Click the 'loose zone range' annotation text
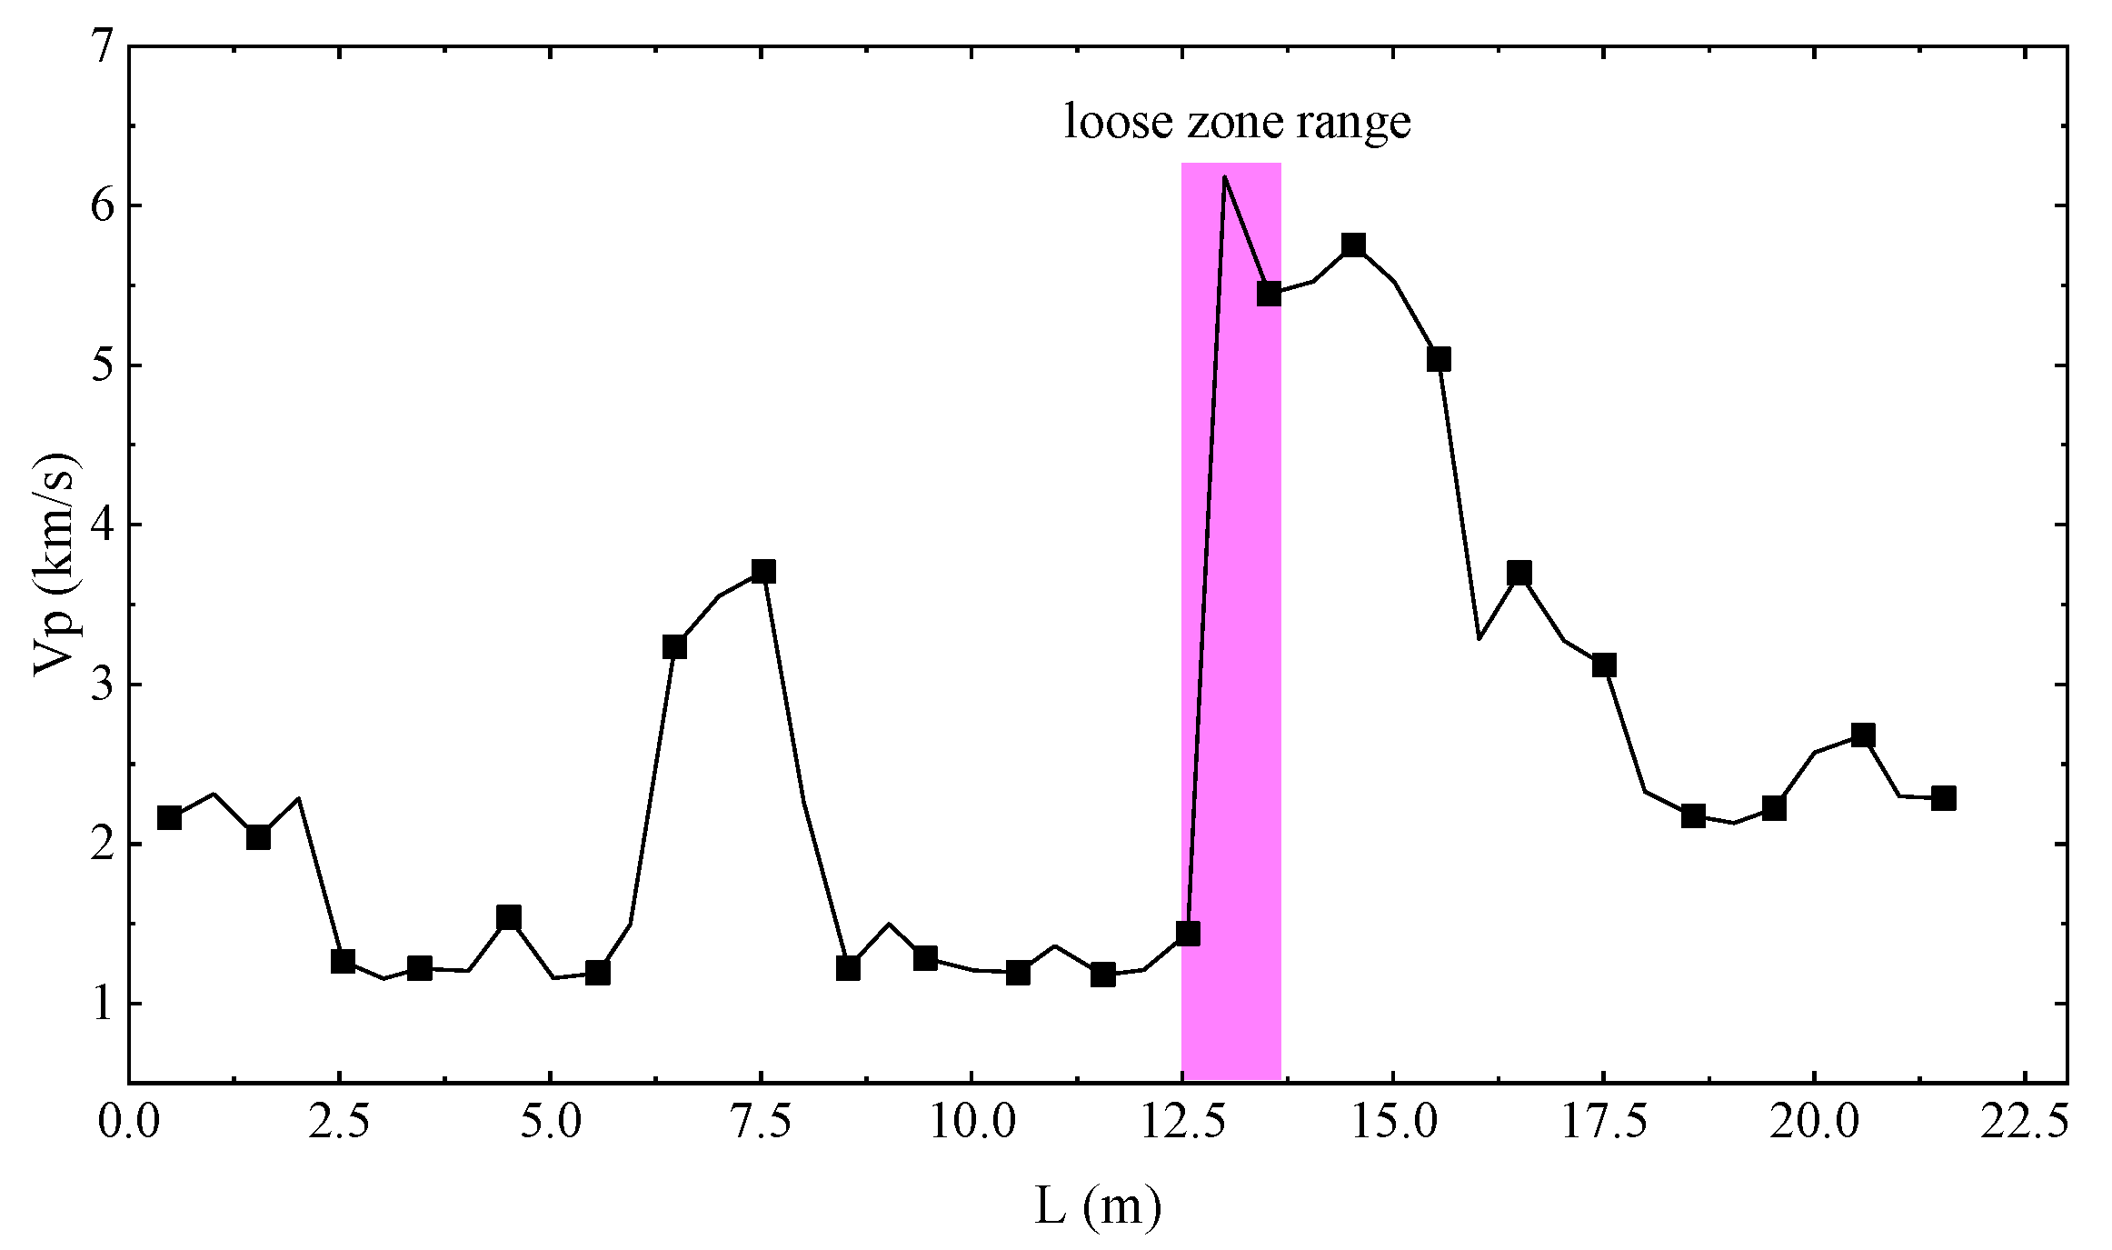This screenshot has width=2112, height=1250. [1237, 123]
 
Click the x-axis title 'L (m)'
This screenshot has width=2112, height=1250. [1098, 1207]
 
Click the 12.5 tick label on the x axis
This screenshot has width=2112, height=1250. [1181, 1125]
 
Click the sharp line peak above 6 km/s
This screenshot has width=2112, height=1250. [1224, 176]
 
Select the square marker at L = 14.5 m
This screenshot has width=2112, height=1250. [1353, 245]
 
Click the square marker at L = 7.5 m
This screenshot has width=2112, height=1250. [763, 571]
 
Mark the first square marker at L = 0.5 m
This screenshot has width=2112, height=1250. [169, 817]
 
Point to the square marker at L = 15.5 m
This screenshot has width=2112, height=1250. [1439, 359]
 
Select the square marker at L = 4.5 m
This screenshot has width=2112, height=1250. [509, 916]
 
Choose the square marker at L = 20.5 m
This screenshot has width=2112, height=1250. [1863, 735]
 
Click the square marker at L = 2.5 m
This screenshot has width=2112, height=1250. [343, 961]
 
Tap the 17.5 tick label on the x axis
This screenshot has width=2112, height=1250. [1603, 1125]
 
